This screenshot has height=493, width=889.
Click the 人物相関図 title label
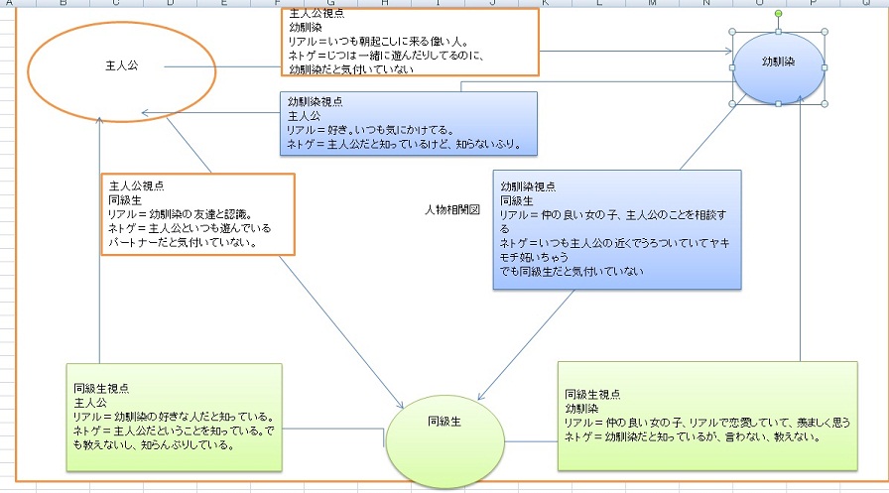(x=451, y=209)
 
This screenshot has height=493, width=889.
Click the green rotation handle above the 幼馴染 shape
(x=779, y=14)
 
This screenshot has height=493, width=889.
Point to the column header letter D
(x=170, y=4)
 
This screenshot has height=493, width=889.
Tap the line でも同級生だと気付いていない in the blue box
(x=572, y=271)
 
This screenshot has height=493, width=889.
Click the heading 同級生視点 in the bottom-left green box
(x=101, y=389)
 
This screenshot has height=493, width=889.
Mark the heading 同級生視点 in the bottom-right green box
(x=592, y=394)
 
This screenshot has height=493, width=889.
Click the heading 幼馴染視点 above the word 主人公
(x=315, y=102)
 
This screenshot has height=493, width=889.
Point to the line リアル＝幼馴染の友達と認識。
(x=180, y=213)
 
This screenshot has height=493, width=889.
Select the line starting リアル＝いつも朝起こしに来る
(x=377, y=43)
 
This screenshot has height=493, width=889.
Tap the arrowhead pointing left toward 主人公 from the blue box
(x=146, y=112)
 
